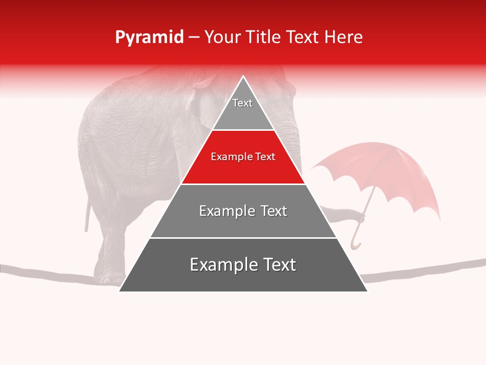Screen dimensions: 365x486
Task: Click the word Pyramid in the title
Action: tap(149, 38)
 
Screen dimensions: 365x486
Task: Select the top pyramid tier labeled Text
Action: tap(243, 109)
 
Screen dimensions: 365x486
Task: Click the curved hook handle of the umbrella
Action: tap(355, 243)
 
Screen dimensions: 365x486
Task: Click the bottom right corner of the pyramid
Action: tap(367, 290)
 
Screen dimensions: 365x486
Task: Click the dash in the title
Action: tap(193, 38)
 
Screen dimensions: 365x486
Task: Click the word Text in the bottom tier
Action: tap(276, 265)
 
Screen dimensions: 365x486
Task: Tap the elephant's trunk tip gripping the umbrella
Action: tap(359, 218)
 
